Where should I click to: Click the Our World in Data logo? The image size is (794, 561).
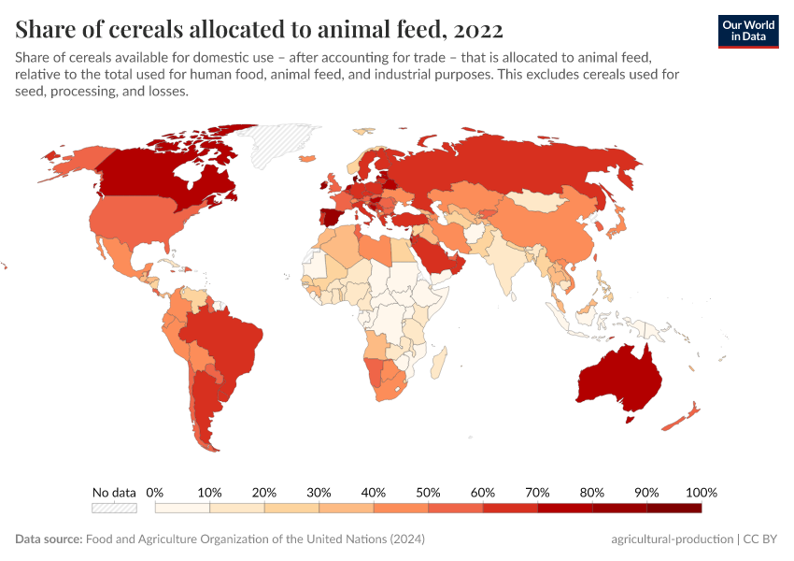point(748,30)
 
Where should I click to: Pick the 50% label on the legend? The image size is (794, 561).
point(428,493)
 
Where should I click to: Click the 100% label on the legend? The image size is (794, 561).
point(701,493)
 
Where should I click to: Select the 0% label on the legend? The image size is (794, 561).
point(155,493)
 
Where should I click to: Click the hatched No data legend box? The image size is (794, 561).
point(114,508)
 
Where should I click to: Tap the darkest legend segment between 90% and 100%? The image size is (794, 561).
point(673,508)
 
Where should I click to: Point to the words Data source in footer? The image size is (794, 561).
point(49,539)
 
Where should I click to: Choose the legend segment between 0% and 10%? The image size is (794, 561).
point(182,508)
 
